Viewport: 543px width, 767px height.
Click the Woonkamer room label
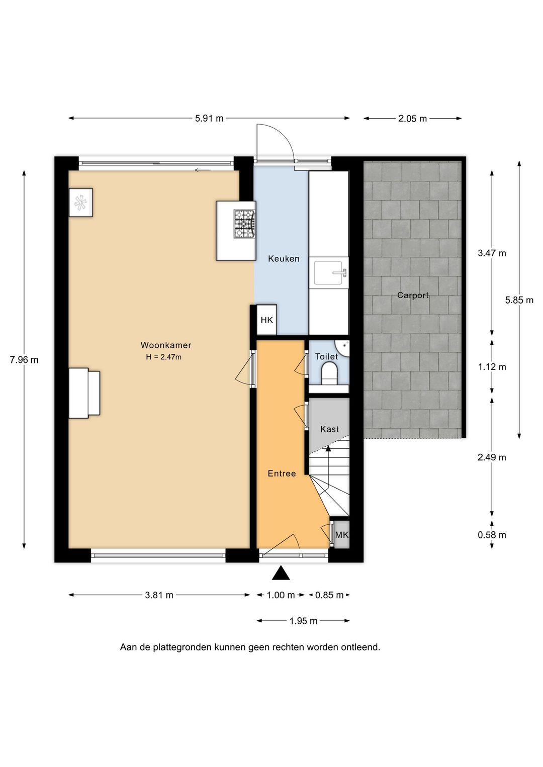click(166, 345)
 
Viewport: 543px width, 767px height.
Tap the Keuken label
click(284, 258)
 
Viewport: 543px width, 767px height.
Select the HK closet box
click(266, 320)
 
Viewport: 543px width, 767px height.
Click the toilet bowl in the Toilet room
click(329, 374)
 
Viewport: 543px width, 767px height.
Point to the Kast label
click(329, 429)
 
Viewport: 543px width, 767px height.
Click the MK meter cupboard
click(341, 534)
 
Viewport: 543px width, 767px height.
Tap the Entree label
click(282, 473)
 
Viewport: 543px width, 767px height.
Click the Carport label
click(413, 295)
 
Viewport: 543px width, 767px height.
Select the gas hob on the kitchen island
click(245, 224)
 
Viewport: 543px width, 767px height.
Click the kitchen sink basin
click(328, 272)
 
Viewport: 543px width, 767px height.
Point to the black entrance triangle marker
click(281, 573)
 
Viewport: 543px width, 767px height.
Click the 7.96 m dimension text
click(24, 360)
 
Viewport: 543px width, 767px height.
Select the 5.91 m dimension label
click(209, 119)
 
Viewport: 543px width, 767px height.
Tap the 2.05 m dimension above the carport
click(412, 119)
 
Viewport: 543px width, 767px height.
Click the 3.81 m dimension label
click(159, 595)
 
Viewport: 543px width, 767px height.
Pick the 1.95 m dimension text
click(304, 621)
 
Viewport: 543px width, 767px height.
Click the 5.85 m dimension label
click(519, 300)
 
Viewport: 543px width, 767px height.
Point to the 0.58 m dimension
click(492, 535)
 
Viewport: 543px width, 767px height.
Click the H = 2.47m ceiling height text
click(164, 357)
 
